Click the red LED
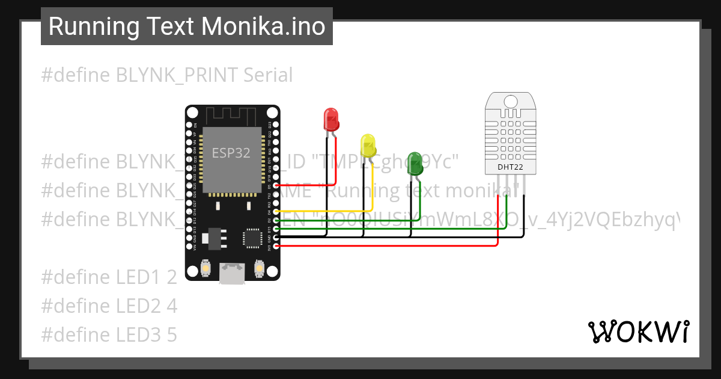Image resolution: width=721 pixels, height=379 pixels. pos(331,119)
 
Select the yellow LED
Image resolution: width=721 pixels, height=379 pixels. pos(368,146)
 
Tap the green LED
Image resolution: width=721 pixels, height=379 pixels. pos(415,164)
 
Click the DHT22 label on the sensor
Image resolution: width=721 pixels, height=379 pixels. pos(510,167)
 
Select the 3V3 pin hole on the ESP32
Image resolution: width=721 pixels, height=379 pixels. pos(276,245)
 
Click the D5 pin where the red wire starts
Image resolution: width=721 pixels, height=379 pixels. pos(276,186)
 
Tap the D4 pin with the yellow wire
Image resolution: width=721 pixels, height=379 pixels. pos(276,212)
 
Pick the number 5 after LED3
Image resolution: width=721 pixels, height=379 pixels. pos(172,334)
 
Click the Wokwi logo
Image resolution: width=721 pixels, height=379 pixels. pos(637,331)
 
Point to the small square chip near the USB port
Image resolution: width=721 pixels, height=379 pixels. pos(252,238)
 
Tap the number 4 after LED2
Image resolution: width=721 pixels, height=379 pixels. pos(172,306)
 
